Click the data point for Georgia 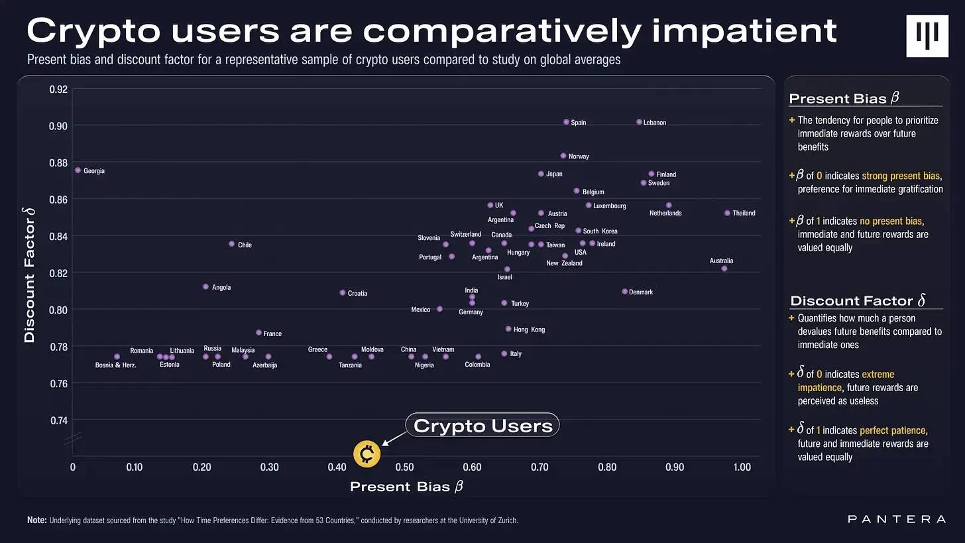(78, 170)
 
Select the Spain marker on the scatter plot (566, 122)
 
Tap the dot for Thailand (727, 213)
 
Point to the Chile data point (231, 244)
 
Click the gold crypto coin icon (367, 453)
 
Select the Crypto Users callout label (482, 426)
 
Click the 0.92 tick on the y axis (59, 89)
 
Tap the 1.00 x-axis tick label (742, 467)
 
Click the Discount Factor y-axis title (29, 275)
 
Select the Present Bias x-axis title (406, 487)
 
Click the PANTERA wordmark (897, 519)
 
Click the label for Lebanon (655, 123)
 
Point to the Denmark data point (624, 291)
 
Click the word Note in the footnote (36, 520)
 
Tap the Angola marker (205, 286)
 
